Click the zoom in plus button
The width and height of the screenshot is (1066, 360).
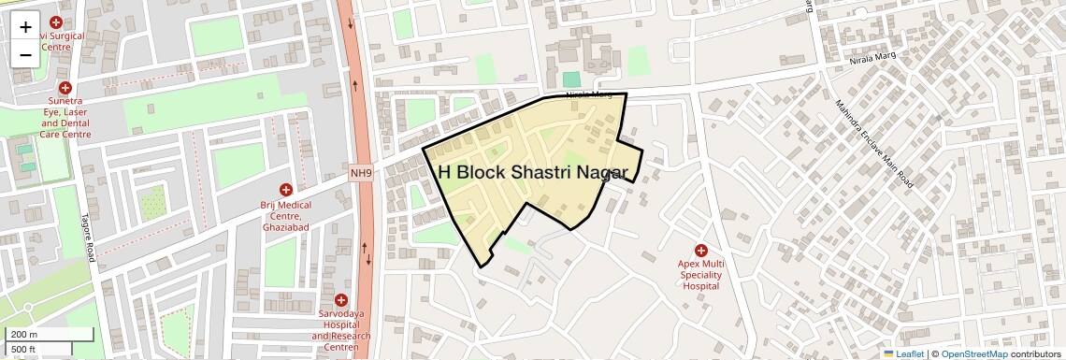coord(25,26)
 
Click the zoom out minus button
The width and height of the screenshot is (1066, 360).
coord(25,54)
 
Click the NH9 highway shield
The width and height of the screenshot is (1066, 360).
coord(362,172)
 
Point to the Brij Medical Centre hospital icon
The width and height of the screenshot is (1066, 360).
coord(286,190)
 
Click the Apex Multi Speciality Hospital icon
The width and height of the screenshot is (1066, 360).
coord(700,250)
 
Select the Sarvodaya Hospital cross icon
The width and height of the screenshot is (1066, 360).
coord(340,299)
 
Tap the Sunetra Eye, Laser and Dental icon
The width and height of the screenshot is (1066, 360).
coord(65,87)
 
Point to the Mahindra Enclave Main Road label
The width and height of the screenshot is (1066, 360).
coord(874,145)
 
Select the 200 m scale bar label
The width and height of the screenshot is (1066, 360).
coord(23,334)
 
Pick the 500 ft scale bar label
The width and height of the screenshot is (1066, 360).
coord(23,349)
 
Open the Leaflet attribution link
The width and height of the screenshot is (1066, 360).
coord(903,353)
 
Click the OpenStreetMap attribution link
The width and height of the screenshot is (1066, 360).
coord(974,353)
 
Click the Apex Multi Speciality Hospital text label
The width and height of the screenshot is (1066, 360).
coord(700,276)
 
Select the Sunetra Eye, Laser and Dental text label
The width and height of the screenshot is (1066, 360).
coord(65,118)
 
